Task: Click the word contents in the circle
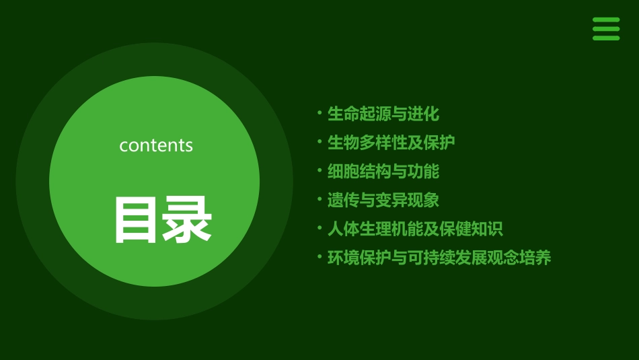point(156,145)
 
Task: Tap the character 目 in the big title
point(137,219)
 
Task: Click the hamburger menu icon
point(605,29)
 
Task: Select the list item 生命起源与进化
point(383,114)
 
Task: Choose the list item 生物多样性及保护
point(391,143)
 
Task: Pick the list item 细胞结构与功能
point(383,172)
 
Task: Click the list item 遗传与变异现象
point(383,201)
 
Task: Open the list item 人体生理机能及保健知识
point(415,229)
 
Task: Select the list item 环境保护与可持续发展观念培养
point(439,258)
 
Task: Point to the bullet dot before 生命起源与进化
point(319,112)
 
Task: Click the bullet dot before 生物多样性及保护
point(319,141)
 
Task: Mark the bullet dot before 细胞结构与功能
point(319,170)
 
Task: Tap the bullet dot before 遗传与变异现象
point(319,199)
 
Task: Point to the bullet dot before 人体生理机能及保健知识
point(319,227)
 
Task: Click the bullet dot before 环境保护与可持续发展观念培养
point(319,256)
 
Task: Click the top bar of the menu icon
point(605,20)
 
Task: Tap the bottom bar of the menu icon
point(605,38)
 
